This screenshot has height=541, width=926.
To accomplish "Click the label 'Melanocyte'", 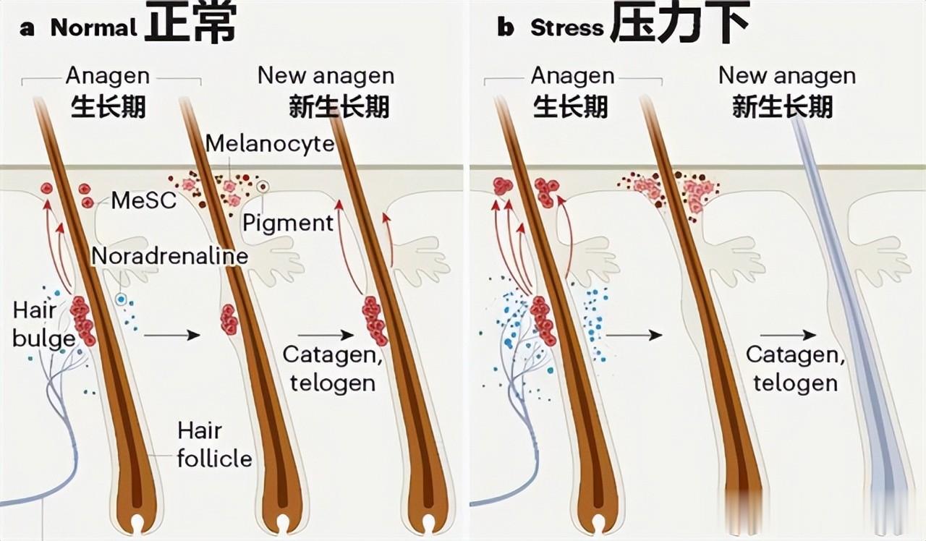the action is [x=270, y=143].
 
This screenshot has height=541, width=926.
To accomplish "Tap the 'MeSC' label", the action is [x=144, y=200].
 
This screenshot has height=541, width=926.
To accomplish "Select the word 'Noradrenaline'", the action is [x=170, y=255].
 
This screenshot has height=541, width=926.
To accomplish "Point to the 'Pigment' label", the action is [x=288, y=222].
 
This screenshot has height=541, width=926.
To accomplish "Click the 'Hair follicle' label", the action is [x=214, y=445].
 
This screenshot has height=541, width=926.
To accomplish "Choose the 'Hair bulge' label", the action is [x=43, y=325].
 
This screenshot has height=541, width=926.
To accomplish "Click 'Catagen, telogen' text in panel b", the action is [x=795, y=368].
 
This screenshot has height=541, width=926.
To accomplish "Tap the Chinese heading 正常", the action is [x=190, y=23].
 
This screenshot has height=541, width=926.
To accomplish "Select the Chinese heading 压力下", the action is [x=679, y=23].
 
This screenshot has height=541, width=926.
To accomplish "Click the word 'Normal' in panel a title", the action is [x=93, y=28].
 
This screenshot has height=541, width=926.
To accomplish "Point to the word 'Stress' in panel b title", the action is [x=566, y=28].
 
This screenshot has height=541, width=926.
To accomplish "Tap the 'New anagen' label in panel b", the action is [x=786, y=75].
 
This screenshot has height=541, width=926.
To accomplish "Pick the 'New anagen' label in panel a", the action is [x=326, y=75].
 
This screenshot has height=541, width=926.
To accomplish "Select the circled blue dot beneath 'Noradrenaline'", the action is [x=122, y=299].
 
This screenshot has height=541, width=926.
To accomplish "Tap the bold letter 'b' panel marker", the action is [x=505, y=27].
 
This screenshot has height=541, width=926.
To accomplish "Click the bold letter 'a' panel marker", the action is [x=27, y=28].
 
